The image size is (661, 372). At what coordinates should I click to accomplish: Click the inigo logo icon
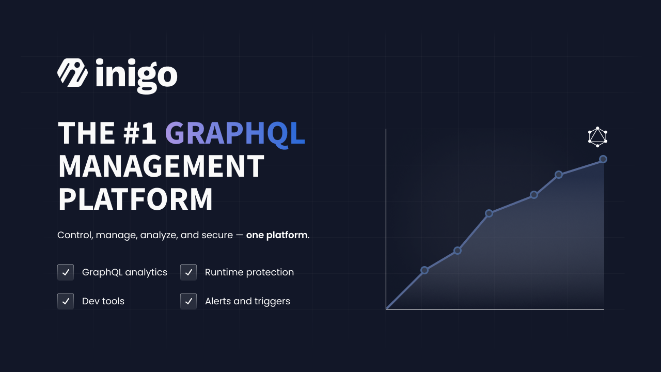(x=72, y=73)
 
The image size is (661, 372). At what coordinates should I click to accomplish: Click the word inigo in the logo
(x=136, y=76)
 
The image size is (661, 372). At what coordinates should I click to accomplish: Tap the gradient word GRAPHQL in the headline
(x=235, y=133)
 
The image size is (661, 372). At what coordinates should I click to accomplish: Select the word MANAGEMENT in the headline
(x=161, y=166)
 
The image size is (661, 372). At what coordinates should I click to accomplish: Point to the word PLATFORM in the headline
(x=135, y=199)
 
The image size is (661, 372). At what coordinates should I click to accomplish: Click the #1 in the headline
(x=139, y=133)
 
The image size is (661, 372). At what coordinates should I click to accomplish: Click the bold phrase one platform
(x=277, y=235)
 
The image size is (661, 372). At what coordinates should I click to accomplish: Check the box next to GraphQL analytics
(x=66, y=272)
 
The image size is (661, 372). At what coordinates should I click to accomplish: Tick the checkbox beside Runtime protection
(x=188, y=272)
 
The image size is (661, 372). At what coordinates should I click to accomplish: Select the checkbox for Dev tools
(x=66, y=301)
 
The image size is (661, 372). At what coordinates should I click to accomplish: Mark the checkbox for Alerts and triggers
(x=188, y=301)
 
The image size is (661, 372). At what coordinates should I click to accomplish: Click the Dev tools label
(x=103, y=301)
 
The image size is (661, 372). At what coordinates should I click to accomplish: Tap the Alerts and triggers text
(x=247, y=301)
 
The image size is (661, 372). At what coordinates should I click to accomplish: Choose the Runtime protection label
(x=249, y=272)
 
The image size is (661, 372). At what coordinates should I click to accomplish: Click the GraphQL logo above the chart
(x=597, y=137)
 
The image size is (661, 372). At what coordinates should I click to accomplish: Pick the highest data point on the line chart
(x=603, y=160)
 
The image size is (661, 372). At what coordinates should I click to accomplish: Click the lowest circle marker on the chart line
(x=424, y=270)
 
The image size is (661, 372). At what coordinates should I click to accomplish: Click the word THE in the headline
(x=86, y=133)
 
